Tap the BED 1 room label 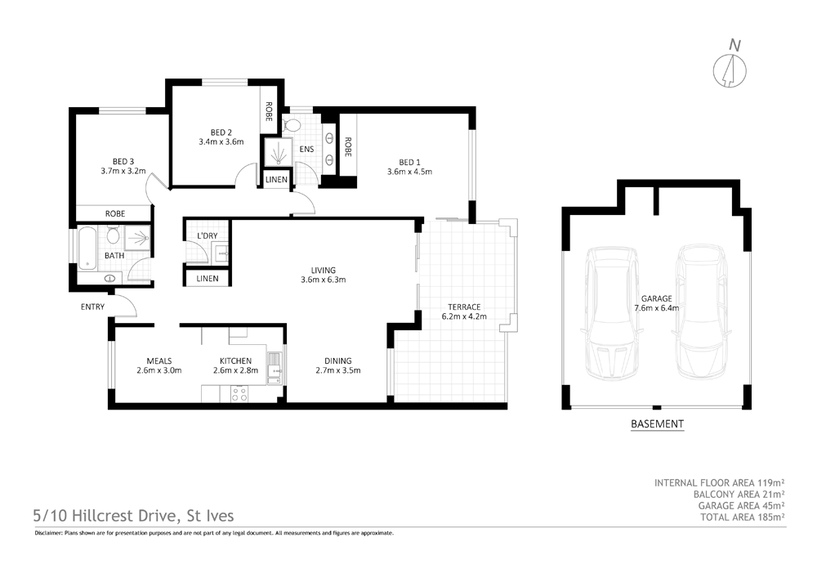408,161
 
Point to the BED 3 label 124,161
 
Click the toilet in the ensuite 292,125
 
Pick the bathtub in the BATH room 87,247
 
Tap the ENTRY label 92,307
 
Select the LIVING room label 324,270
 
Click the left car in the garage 612,311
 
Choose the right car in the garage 700,311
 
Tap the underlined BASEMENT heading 657,424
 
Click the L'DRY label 208,236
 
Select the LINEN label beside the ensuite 276,180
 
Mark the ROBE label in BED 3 114,214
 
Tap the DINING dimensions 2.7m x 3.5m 337,370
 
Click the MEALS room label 158,360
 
